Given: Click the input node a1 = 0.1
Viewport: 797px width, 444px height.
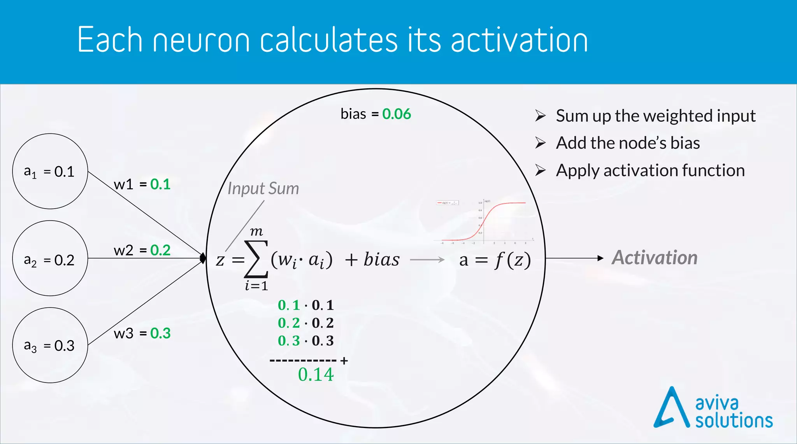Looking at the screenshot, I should click(x=50, y=171).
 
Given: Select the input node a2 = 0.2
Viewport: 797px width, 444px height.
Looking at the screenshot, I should click(x=50, y=258).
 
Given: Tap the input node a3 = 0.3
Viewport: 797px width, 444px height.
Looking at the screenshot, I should click(x=50, y=345).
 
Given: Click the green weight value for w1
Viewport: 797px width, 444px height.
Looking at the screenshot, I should click(x=160, y=184).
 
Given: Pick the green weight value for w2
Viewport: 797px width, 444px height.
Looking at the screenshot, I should click(x=160, y=250).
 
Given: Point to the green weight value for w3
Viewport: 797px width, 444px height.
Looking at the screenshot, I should click(x=160, y=333).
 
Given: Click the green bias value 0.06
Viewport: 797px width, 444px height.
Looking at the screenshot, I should click(x=396, y=114).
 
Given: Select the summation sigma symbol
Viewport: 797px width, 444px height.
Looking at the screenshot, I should click(x=256, y=258).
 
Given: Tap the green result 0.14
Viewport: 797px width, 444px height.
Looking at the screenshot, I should click(x=316, y=374).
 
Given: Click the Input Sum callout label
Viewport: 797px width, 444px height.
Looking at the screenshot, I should click(x=263, y=189).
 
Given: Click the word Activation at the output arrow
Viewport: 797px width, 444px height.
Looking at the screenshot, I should click(x=655, y=258).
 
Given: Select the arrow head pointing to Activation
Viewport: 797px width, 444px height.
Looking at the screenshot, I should click(x=600, y=258).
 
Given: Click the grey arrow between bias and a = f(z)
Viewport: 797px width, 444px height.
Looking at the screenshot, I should click(x=427, y=260).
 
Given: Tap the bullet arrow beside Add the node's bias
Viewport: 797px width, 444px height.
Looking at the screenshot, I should click(x=540, y=143).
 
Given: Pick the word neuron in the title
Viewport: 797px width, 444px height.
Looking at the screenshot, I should click(x=201, y=40).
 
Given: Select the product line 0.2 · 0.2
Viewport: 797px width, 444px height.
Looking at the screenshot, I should click(x=305, y=323).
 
